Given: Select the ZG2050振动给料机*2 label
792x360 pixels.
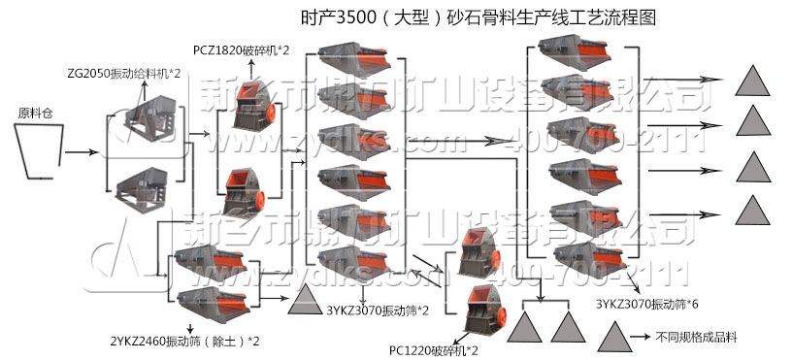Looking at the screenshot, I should tap(126, 73).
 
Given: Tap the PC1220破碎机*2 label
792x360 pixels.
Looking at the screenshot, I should tap(435, 349).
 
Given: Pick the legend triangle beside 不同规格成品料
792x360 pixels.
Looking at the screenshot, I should tap(610, 337).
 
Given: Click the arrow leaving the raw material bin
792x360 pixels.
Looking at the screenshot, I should tap(83, 152).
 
